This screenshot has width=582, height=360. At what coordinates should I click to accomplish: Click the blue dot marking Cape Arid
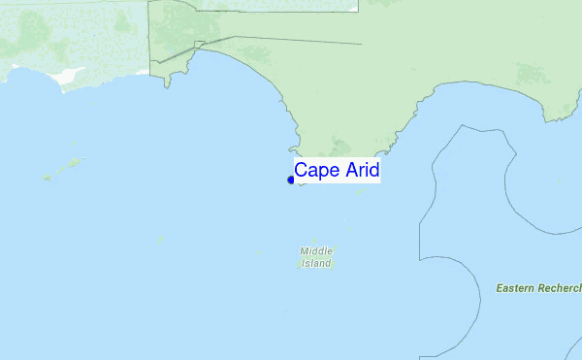coord(291,180)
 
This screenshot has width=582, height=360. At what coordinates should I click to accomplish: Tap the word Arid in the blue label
coord(359,171)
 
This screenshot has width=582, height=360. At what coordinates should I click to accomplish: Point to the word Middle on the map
coord(316,250)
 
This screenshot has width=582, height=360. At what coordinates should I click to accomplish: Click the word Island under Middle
coord(316,263)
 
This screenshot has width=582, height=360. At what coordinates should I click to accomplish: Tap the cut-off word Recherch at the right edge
coord(562,288)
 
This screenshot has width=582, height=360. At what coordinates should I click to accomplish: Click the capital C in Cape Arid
coord(302,171)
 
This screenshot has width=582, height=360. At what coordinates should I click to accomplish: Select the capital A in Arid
coord(346,171)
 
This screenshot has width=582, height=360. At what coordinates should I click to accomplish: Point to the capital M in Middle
coord(305,250)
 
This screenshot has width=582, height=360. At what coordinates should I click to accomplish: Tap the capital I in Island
coord(303,263)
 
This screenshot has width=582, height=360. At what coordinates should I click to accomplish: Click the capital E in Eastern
coord(499,288)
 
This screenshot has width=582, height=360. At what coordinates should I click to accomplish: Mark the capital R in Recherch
coord(545,288)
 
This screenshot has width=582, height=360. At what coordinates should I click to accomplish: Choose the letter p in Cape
coord(323,173)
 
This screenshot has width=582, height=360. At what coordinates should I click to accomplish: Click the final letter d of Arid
coord(373,171)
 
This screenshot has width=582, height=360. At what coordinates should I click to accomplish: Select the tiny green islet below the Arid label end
coord(361,190)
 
